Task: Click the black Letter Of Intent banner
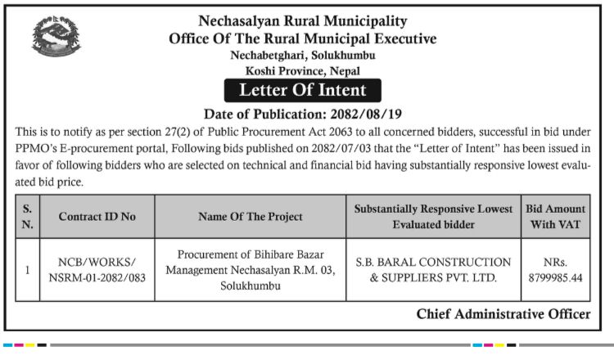click(302, 90)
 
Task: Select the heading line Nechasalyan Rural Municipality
click(303, 21)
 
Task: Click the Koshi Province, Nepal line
click(302, 71)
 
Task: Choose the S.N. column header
click(28, 216)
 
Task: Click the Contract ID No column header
click(97, 217)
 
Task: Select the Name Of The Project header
click(251, 217)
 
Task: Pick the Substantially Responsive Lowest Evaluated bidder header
click(433, 216)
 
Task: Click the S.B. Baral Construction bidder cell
click(433, 270)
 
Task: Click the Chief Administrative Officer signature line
click(503, 314)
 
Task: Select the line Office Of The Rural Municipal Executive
click(303, 38)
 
